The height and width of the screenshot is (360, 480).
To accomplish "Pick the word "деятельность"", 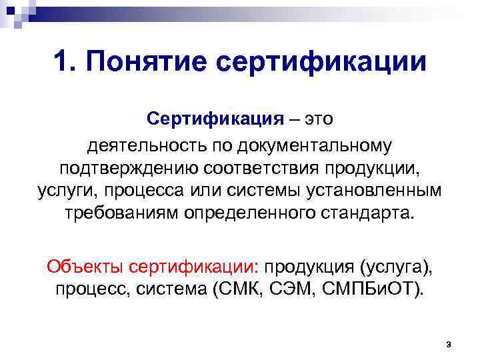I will pos(141,143).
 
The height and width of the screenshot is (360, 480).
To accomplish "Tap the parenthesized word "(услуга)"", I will pos(396,267).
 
